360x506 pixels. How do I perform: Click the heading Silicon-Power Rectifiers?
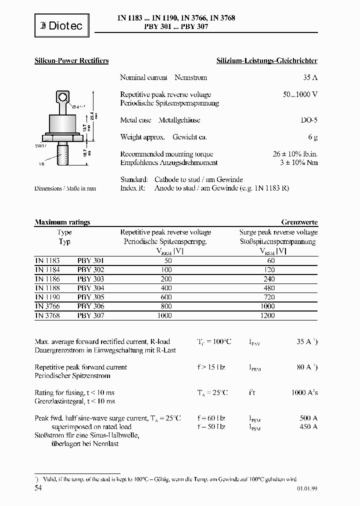pyautogui.click(x=71, y=61)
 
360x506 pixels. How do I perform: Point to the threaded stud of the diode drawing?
pyautogui.click(x=63, y=154)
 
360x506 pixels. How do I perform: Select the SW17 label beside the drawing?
pyautogui.click(x=40, y=145)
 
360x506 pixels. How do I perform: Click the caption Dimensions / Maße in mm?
pyautogui.click(x=65, y=188)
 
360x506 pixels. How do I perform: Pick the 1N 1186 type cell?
pyautogui.click(x=47, y=279)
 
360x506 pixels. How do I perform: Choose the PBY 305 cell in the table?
pyautogui.click(x=90, y=297)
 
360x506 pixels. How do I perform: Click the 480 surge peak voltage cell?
pyautogui.click(x=270, y=288)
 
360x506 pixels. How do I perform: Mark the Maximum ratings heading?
pyautogui.click(x=62, y=222)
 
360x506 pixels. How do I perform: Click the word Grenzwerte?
pyautogui.click(x=299, y=222)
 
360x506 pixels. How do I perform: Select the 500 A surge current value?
pyautogui.click(x=308, y=418)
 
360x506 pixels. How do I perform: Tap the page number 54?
pyautogui.click(x=38, y=487)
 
